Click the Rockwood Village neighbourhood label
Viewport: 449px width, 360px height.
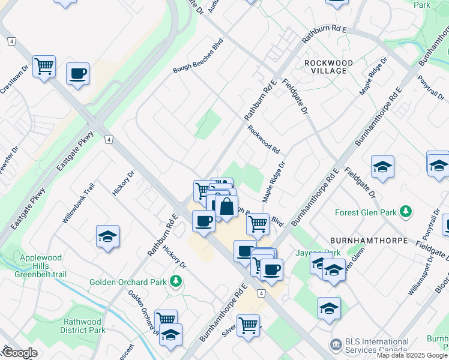(x=325, y=67)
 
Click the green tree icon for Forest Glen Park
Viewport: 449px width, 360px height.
(x=406, y=211)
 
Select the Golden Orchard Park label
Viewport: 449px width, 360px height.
(x=128, y=281)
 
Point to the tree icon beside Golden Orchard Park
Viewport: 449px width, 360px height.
(x=175, y=280)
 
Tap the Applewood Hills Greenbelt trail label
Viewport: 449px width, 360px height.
(x=41, y=266)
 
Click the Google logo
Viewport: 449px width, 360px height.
(x=20, y=353)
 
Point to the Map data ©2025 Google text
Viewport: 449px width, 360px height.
(x=412, y=355)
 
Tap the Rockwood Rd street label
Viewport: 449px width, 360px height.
(x=264, y=140)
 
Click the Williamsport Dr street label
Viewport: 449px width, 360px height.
(x=420, y=275)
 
